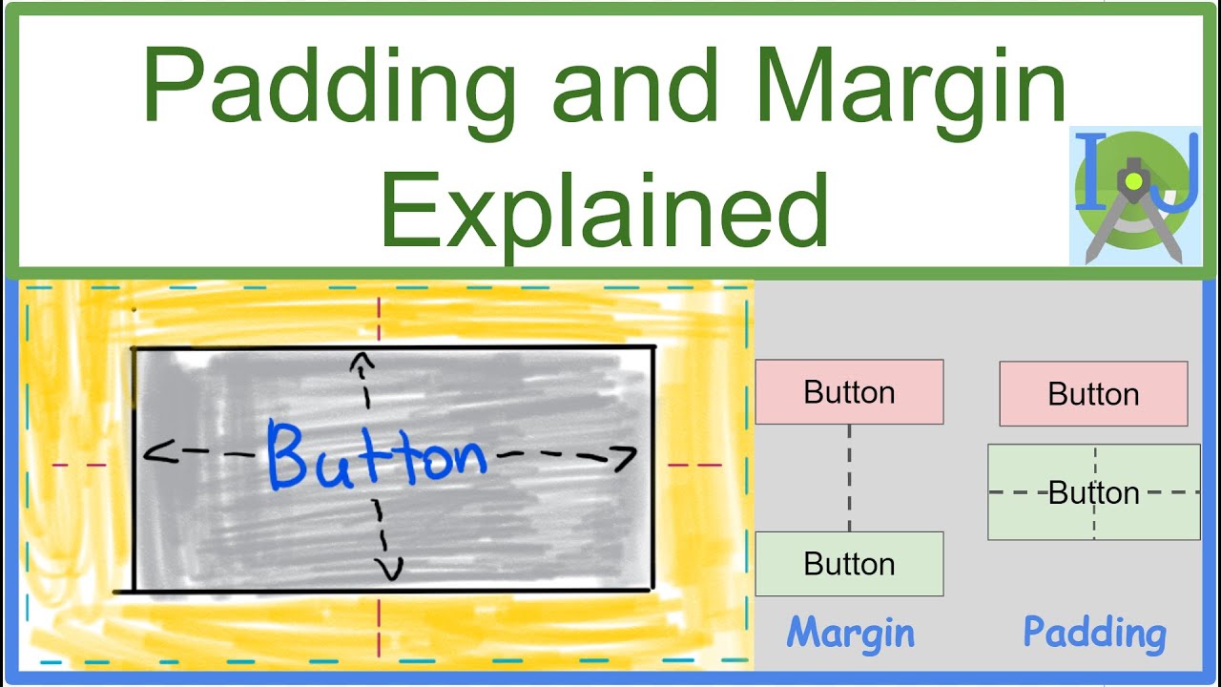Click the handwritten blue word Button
click(376, 456)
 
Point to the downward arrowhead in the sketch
click(387, 570)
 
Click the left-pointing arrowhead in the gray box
click(153, 454)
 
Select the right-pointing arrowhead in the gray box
click(625, 459)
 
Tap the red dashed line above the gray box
click(380, 319)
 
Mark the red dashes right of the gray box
click(694, 466)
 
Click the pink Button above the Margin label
click(849, 392)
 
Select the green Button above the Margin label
click(849, 564)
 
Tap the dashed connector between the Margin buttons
click(849, 477)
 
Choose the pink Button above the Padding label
click(1093, 393)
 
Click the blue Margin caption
click(850, 633)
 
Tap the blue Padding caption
click(1094, 633)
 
